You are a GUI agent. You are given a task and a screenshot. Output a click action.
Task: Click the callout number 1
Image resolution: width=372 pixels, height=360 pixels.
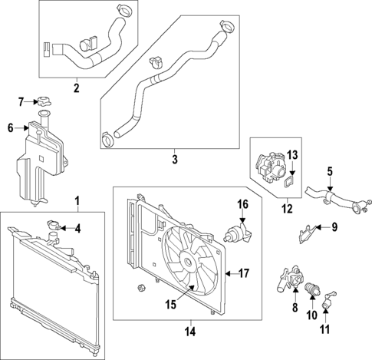click(x=77, y=202)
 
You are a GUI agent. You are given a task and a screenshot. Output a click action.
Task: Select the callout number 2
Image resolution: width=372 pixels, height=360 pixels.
click(x=76, y=88)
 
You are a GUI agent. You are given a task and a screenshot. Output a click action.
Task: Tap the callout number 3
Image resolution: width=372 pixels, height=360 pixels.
click(x=174, y=160)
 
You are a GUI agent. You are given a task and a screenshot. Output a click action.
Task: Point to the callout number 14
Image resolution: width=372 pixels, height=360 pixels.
click(x=190, y=332)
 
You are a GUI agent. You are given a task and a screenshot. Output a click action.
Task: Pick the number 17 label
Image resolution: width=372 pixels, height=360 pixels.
click(x=245, y=272)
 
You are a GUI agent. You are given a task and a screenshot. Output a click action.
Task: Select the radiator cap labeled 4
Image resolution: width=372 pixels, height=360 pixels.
click(x=54, y=226)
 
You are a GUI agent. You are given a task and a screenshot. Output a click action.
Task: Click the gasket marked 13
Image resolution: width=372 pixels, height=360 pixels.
click(x=288, y=182)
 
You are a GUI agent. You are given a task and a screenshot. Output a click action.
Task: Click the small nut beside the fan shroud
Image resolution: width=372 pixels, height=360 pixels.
click(x=140, y=288)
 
